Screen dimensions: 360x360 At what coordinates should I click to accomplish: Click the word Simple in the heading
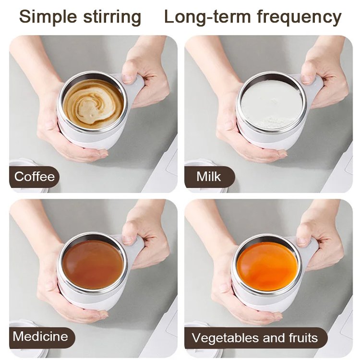(48, 17)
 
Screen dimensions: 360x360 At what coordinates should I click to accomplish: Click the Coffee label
(34, 177)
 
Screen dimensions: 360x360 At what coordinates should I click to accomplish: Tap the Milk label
(209, 177)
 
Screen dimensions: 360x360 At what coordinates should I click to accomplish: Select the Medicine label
(40, 336)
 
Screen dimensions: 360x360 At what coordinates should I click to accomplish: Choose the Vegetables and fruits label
(255, 338)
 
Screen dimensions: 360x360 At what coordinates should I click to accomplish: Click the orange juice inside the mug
(267, 265)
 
